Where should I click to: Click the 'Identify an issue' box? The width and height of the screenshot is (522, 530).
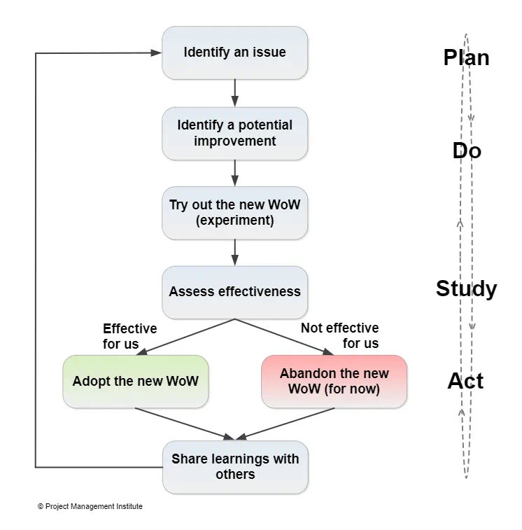[234, 53]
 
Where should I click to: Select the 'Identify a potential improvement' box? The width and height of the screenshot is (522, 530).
[234, 133]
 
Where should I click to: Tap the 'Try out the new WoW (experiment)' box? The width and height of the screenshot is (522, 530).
[234, 213]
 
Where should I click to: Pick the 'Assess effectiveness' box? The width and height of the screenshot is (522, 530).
[234, 291]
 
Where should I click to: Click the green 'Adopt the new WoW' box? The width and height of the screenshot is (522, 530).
[135, 382]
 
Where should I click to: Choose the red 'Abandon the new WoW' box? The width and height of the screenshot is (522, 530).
[334, 382]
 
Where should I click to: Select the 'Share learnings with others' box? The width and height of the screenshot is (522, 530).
[234, 466]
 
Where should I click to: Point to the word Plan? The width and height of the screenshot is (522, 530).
[466, 57]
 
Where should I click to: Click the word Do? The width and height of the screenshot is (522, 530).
[467, 151]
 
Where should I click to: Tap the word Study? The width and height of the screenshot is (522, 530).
[466, 288]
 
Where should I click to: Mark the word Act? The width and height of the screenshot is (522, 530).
[465, 381]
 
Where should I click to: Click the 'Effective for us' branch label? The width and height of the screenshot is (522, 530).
[129, 336]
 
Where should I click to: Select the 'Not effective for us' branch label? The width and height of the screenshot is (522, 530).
[341, 336]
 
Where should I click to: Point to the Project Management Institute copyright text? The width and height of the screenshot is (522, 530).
[90, 506]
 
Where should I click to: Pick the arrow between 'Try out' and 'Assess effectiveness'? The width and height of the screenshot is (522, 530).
[234, 252]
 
